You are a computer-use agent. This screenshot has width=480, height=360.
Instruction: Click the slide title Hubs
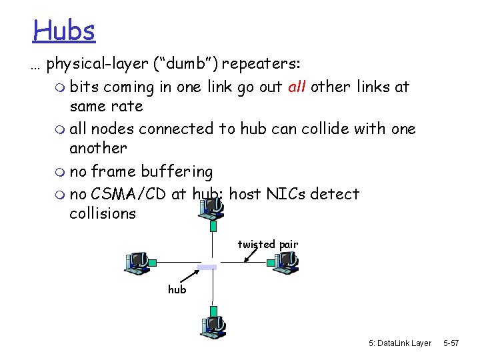tap(65, 30)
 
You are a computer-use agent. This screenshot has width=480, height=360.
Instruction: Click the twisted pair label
tap(267, 245)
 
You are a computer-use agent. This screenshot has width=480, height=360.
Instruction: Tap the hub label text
tap(177, 290)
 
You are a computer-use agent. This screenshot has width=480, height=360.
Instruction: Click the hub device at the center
tap(208, 267)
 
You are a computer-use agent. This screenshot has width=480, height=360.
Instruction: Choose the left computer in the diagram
tap(139, 263)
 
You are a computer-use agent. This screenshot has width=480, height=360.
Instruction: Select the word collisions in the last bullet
tap(102, 213)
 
